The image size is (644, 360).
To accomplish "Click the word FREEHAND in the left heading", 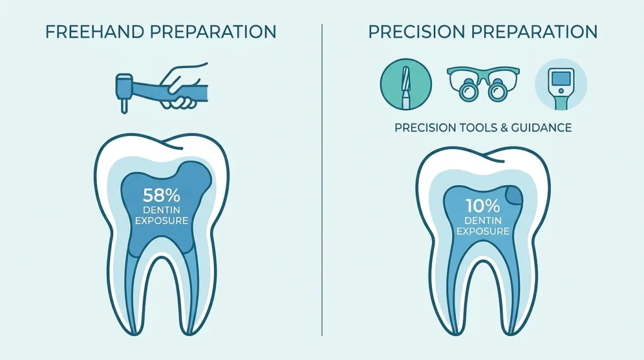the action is coord(95,32).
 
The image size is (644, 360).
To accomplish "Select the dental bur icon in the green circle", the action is coord(406,84).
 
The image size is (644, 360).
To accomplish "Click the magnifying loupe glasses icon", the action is coord(483,84).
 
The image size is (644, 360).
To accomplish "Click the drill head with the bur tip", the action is coord(124,93).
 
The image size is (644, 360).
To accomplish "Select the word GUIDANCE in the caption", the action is coord(541,128).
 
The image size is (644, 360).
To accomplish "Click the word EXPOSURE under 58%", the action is coord(162,221).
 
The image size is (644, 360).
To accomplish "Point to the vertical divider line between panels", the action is coord(322,179).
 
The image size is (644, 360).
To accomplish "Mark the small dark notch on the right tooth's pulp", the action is coord(514,195).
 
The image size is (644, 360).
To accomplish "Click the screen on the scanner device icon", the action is coord(561,78).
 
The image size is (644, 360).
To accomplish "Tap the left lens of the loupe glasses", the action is coord(467,91).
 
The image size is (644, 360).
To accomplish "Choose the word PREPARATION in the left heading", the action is coord(213,32).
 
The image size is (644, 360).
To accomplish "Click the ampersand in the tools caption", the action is coord(504,128).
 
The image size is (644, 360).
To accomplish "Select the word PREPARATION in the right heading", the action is coord(535,32).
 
